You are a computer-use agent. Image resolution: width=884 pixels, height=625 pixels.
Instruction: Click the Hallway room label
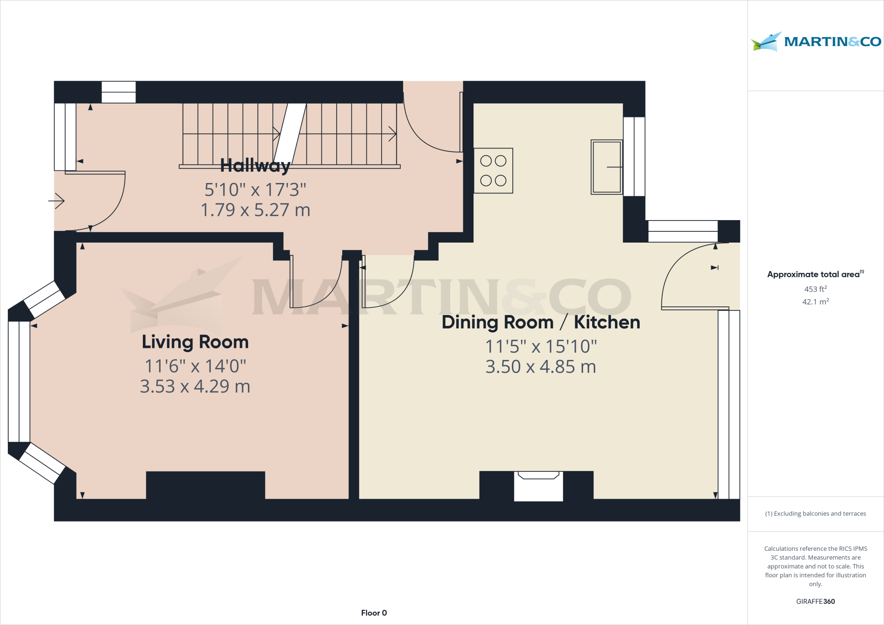[255, 166]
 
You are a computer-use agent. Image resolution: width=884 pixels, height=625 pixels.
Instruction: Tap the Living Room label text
[195, 342]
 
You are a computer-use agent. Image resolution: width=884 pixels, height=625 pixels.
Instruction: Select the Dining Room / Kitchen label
[540, 322]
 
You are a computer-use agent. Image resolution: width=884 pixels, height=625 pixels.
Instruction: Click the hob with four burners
[493, 170]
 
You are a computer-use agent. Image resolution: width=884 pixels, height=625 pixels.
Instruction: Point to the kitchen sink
[606, 167]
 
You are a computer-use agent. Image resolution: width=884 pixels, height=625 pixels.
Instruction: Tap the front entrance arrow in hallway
[57, 201]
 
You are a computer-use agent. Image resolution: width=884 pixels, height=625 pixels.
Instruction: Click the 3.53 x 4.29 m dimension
[195, 386]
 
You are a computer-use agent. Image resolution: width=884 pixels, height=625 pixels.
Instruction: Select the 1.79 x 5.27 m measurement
[255, 210]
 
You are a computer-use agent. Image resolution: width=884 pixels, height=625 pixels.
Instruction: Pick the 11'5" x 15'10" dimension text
[540, 347]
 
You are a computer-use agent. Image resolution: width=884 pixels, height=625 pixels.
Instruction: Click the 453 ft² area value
[815, 289]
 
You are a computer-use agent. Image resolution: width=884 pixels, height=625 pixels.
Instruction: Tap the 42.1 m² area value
[815, 302]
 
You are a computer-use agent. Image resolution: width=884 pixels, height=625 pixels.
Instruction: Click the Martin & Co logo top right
[815, 42]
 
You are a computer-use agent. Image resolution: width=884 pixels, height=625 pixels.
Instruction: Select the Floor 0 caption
[374, 613]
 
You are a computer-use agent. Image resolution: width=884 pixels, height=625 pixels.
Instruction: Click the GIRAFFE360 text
[815, 601]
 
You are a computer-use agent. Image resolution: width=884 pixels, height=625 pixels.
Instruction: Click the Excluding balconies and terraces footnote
[815, 514]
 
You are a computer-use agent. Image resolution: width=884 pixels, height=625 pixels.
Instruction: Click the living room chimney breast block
[205, 485]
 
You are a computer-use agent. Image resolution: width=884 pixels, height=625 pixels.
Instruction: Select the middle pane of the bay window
[19, 382]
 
